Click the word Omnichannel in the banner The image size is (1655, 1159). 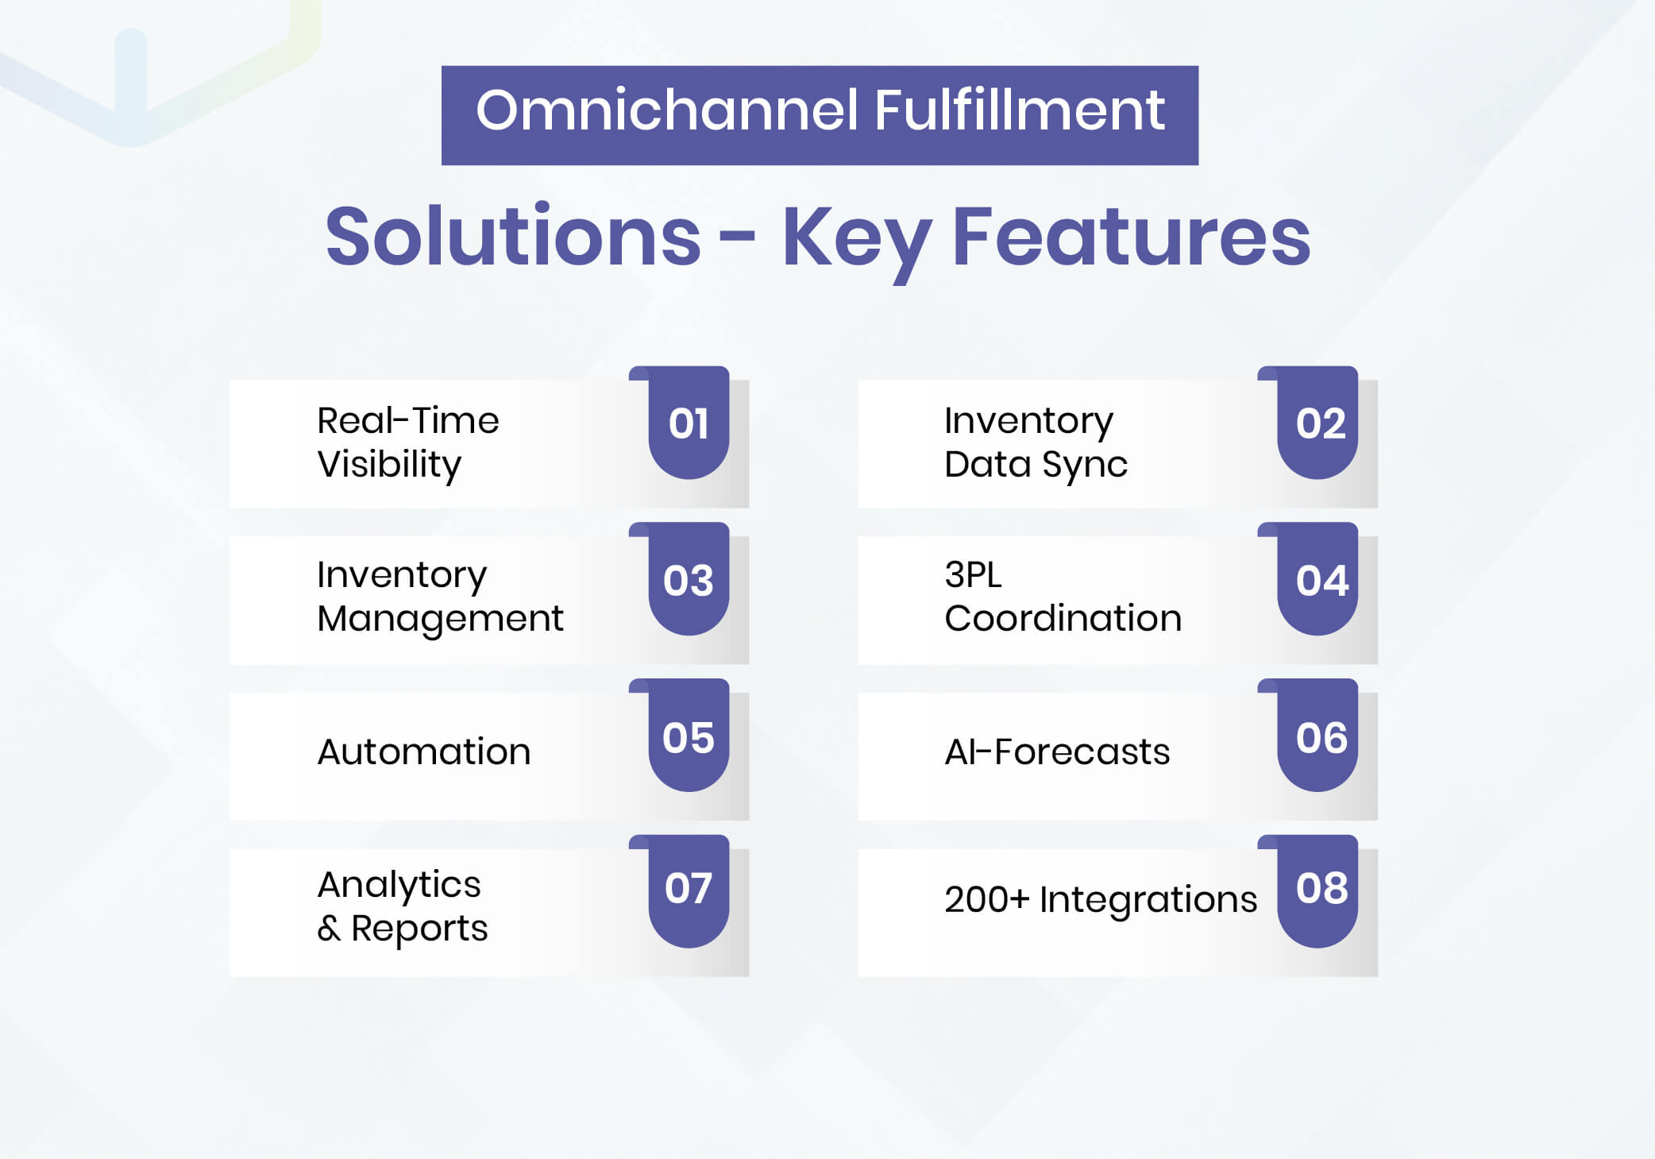click(666, 110)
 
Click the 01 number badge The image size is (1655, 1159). click(689, 423)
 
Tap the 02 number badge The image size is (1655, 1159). click(1320, 423)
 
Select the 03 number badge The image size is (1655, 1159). click(689, 581)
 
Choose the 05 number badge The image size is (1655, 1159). click(689, 738)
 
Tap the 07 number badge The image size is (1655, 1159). click(689, 888)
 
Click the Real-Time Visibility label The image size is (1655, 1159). click(407, 442)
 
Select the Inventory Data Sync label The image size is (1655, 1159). click(1035, 442)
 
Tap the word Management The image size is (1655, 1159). click(440, 619)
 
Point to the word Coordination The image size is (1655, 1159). click(1063, 618)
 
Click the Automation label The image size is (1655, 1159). click(423, 751)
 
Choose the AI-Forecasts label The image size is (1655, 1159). click(1056, 751)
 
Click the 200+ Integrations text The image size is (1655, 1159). click(1100, 899)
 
